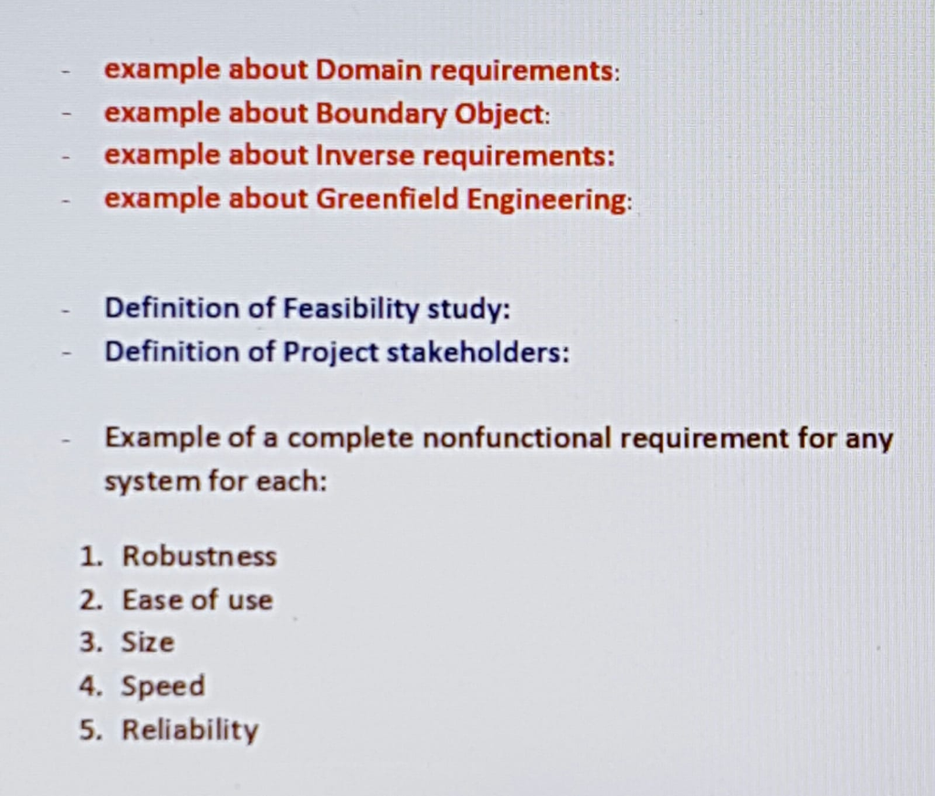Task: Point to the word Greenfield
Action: pyautogui.click(x=387, y=199)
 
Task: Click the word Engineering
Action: pyautogui.click(x=548, y=200)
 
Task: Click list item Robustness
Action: pyautogui.click(x=199, y=556)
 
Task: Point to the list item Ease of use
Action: pyautogui.click(x=197, y=600)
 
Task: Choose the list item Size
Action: pyautogui.click(x=148, y=643)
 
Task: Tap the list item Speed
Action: pyautogui.click(x=163, y=686)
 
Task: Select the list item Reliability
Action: pyautogui.click(x=190, y=730)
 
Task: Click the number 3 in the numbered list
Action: pyautogui.click(x=89, y=643)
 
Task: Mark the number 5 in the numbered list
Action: pyautogui.click(x=89, y=729)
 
